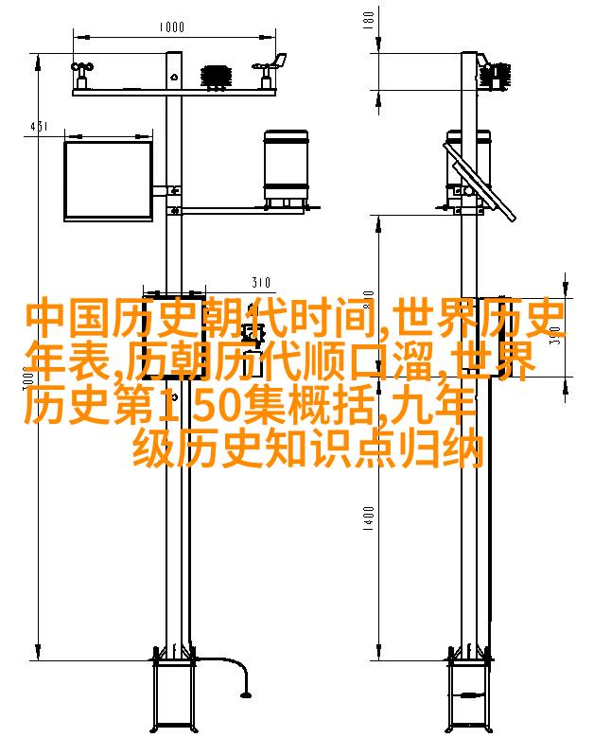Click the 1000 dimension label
coord(171,26)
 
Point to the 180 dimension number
coord(368,20)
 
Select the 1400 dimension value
coord(368,518)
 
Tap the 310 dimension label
coord(261,282)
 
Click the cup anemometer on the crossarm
coord(81,74)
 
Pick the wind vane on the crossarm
coord(270,70)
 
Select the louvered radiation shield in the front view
coord(217,77)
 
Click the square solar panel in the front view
coord(109,181)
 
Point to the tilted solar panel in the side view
coord(480,181)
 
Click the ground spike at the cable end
coord(246,694)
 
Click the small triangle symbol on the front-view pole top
coord(174,76)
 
